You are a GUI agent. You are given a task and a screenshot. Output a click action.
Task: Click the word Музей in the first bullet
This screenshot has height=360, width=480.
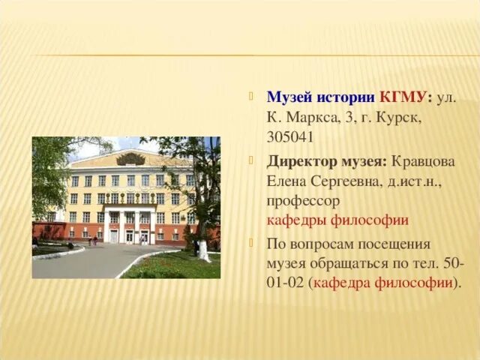tap(288, 97)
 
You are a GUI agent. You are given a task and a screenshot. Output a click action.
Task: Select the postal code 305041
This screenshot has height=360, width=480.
tap(290, 137)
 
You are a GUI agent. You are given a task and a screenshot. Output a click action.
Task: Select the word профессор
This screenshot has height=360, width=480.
tap(303, 201)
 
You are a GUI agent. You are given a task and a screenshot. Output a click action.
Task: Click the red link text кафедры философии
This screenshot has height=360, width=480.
tap(337, 220)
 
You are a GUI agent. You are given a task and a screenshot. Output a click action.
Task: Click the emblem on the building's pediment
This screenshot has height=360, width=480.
tap(130, 159)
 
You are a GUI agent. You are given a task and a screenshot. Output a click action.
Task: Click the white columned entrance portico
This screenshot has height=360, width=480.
tap(130, 223)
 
